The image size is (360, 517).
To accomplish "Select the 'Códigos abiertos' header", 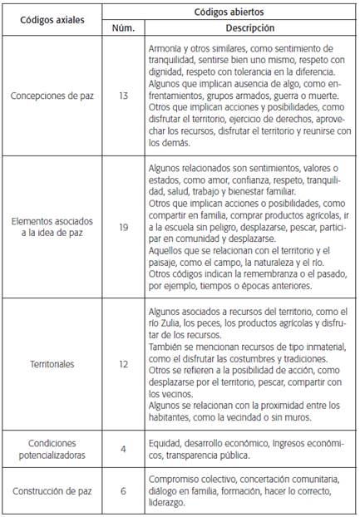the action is point(229,12).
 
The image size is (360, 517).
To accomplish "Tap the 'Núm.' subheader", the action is point(123,27).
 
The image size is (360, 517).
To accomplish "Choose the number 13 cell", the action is point(123,96).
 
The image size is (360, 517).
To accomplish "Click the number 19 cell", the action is point(123,227).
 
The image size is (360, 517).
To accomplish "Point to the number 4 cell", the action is point(123,449).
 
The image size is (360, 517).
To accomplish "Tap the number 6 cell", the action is point(123,491).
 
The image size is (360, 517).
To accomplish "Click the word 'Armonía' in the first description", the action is point(165,49).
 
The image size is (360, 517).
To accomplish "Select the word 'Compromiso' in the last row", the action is point(173,480).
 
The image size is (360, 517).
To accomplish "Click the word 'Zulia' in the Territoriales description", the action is point(170,322).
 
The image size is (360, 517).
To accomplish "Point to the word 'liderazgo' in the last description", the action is point(169,502).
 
